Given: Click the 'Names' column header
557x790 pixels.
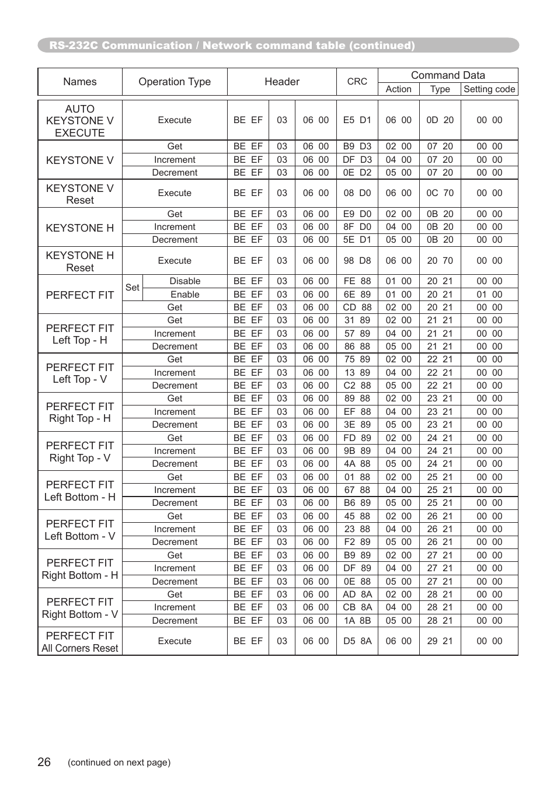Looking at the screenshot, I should click(80, 82).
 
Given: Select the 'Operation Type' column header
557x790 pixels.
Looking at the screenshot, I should click(175, 82).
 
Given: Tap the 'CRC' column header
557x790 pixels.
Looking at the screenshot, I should click(357, 82).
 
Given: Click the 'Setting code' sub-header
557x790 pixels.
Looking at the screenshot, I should click(489, 89).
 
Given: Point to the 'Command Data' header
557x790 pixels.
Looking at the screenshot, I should click(448, 75).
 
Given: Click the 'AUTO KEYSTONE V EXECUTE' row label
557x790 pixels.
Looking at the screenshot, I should click(80, 121).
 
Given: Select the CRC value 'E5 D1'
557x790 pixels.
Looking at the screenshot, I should click(357, 120).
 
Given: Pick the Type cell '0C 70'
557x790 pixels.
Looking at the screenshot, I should click(440, 193).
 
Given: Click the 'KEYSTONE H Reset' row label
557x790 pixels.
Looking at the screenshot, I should click(80, 261).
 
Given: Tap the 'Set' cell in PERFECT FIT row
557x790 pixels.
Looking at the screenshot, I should click(133, 288).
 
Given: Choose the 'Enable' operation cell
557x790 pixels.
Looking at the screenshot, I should click(185, 295).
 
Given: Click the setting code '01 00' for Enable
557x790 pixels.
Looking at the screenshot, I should click(489, 295).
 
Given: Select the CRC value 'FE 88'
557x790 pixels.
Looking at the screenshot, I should click(357, 281).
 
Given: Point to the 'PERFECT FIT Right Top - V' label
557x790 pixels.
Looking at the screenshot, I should click(80, 452).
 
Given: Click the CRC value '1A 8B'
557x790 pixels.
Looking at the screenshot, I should click(357, 621).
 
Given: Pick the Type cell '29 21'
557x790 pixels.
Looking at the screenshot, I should click(440, 641).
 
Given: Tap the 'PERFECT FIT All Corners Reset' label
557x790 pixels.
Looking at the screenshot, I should click(80, 642).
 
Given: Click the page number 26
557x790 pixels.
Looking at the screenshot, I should click(44, 762).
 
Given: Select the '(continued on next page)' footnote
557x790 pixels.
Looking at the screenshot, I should click(119, 763).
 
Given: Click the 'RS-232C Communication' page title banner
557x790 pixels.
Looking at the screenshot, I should click(232, 46).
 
